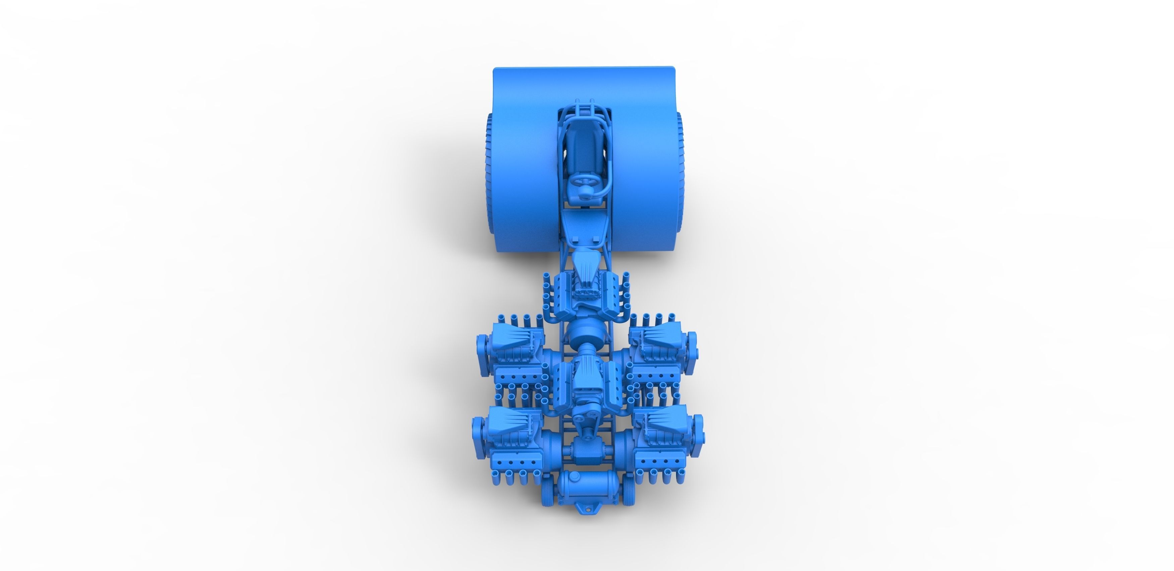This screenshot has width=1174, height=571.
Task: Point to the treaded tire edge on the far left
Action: (x=489, y=173)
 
